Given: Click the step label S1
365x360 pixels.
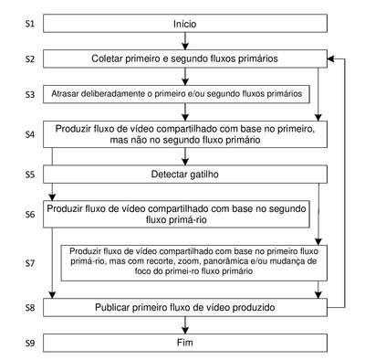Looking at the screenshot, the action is click(x=30, y=24).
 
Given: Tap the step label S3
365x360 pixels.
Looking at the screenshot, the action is click(x=30, y=95).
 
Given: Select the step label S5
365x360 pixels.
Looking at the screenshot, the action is click(x=30, y=175).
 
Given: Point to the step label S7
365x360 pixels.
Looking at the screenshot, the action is click(x=30, y=263).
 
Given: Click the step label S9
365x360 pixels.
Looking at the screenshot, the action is click(x=30, y=344).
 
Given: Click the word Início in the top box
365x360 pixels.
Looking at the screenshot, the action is click(x=185, y=24).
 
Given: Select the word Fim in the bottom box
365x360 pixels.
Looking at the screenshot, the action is click(x=185, y=343).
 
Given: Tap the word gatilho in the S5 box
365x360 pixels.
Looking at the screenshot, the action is click(x=203, y=175).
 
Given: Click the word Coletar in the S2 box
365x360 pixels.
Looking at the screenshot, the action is click(x=107, y=58).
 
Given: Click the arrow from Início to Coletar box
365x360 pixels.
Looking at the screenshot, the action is click(x=185, y=41).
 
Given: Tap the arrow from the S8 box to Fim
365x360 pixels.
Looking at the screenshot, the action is click(x=185, y=325).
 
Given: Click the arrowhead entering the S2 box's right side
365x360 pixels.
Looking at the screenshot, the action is click(x=330, y=58).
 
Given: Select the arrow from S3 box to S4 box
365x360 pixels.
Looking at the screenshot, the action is click(x=185, y=112).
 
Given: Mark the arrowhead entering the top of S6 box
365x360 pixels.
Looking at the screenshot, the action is click(x=52, y=196).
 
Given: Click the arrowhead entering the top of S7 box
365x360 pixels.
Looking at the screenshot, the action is click(x=318, y=241).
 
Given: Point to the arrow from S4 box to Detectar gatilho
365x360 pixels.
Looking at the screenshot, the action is click(x=185, y=156).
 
